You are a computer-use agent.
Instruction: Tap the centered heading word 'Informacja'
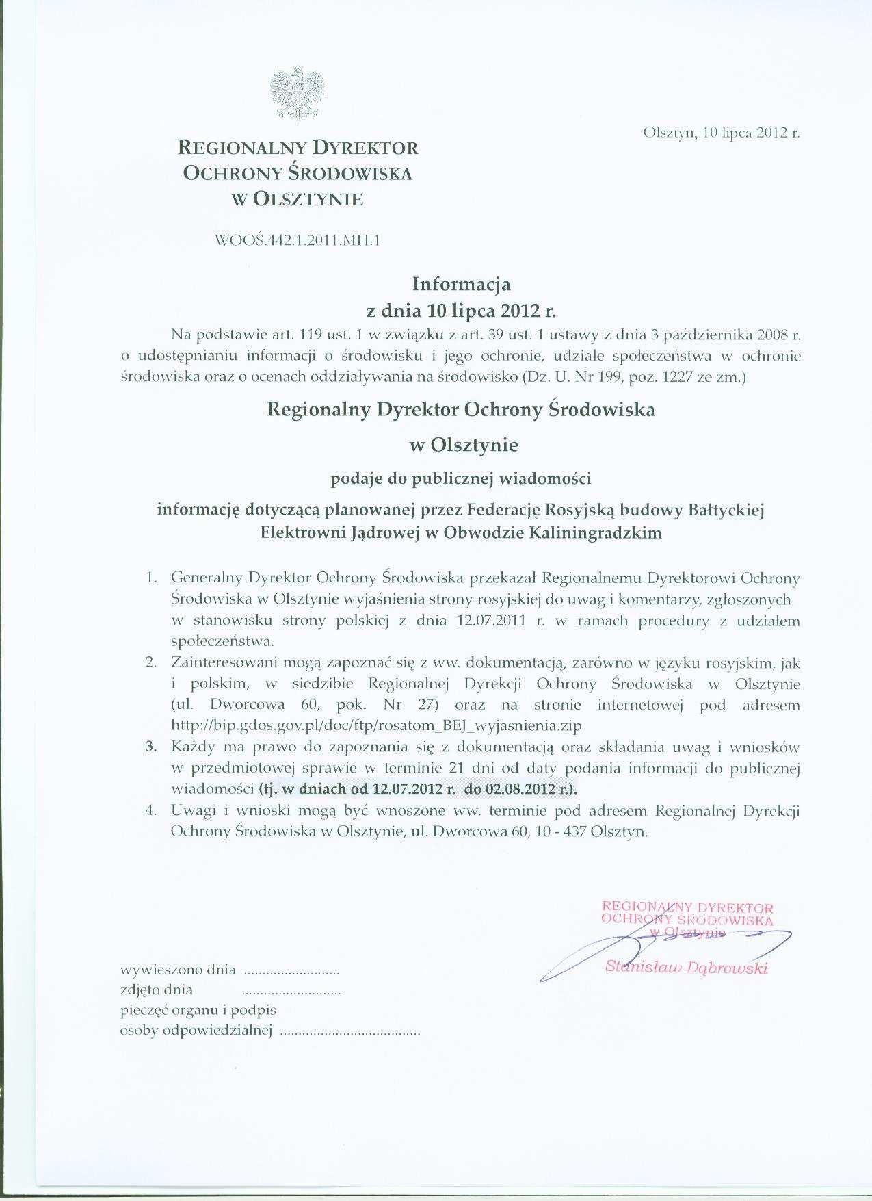(461, 283)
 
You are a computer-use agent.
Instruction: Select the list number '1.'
(153, 578)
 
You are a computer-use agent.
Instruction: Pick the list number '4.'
(152, 811)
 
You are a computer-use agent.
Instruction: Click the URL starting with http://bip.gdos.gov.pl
(377, 725)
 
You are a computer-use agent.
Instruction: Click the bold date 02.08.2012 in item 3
(519, 788)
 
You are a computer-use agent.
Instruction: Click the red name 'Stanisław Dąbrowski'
(687, 968)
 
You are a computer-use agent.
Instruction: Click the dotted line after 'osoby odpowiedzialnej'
(350, 1031)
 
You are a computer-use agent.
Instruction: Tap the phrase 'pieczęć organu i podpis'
(198, 1010)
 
